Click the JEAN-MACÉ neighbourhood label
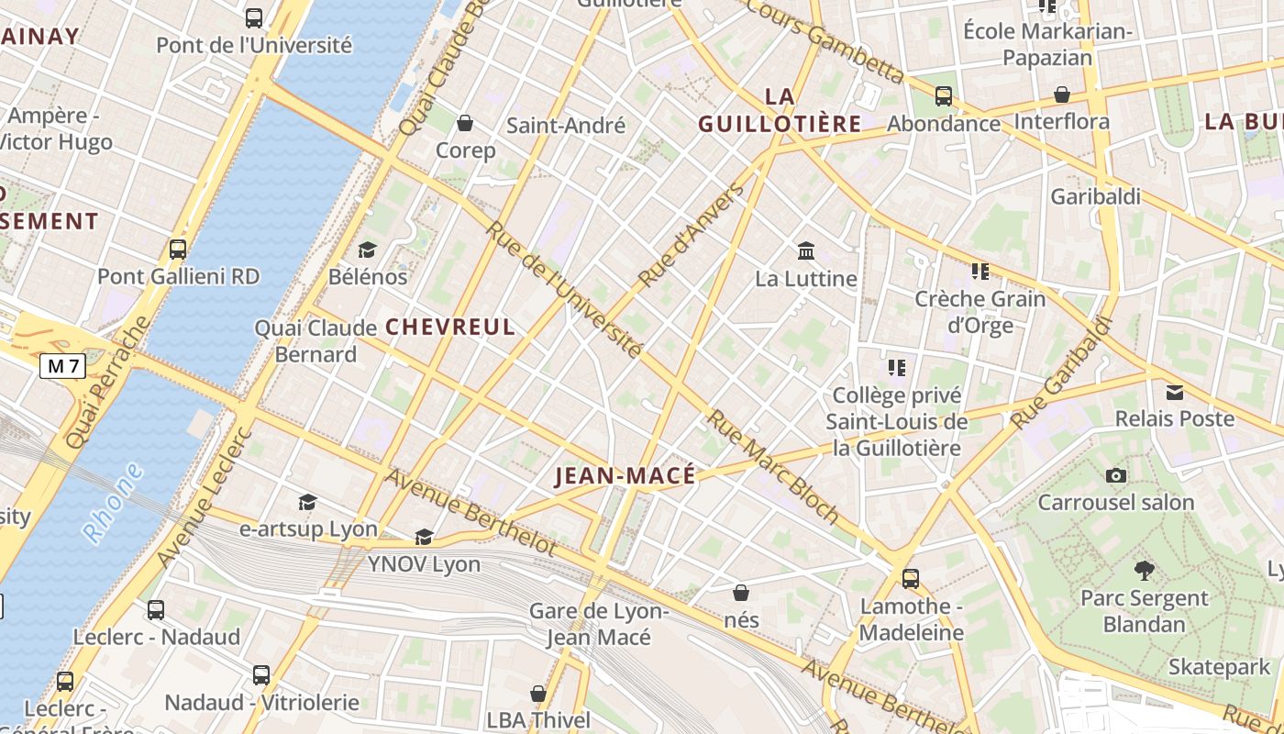coord(625,475)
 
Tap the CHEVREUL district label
coord(450,327)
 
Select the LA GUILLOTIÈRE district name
coord(780,110)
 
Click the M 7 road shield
coord(63,367)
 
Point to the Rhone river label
coord(113,504)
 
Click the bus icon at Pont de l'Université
coord(254,17)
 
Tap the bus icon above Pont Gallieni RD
coord(178,249)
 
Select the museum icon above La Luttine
coord(806,250)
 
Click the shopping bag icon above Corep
coord(465,123)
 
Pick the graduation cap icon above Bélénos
coord(367,250)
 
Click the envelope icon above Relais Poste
coord(1174,393)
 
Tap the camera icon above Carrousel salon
coord(1115,475)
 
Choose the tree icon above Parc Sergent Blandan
coord(1144,571)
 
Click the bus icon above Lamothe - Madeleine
coord(911,579)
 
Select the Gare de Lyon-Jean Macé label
coord(599,624)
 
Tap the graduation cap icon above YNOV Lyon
coord(424,537)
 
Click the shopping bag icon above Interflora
coord(1062,95)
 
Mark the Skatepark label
coord(1220,667)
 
